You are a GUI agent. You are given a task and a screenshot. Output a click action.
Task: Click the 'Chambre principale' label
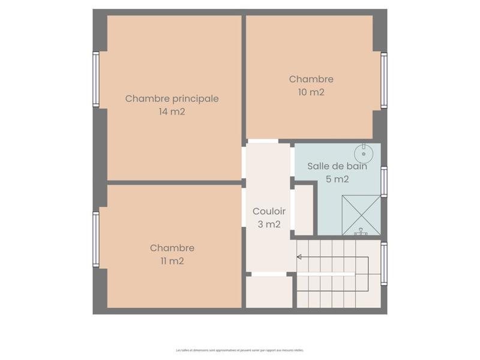(x=172, y=98)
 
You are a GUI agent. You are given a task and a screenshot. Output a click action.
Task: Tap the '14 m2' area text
(x=172, y=112)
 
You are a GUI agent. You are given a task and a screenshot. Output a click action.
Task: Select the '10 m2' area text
(x=311, y=92)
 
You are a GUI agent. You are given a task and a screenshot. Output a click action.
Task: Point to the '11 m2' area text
(x=172, y=261)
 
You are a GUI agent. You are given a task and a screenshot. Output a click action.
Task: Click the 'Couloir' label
(x=269, y=211)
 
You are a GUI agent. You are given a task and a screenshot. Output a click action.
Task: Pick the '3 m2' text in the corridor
(x=269, y=224)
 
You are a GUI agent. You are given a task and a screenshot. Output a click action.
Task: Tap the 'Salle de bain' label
(x=337, y=166)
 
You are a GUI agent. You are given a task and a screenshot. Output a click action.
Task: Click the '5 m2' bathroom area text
(x=337, y=179)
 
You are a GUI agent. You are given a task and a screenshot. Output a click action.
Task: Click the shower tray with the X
(x=361, y=215)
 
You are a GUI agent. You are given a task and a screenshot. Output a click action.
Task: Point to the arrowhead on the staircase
(x=299, y=257)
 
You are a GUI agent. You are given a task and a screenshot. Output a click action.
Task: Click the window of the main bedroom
(x=96, y=79)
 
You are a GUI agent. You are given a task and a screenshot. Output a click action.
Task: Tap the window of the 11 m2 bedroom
(x=96, y=239)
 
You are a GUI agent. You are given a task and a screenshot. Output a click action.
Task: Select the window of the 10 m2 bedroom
(x=384, y=80)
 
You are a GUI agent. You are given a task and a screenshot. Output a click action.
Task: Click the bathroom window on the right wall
(x=384, y=181)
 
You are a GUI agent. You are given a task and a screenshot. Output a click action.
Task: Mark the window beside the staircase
(x=384, y=263)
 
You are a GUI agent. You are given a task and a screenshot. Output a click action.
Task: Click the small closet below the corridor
(x=269, y=292)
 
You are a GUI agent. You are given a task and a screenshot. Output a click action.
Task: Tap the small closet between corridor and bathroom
(x=304, y=209)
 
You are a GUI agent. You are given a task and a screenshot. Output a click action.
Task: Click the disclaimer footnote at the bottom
(x=240, y=350)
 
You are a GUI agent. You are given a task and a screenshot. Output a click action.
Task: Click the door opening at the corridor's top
(x=263, y=141)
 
